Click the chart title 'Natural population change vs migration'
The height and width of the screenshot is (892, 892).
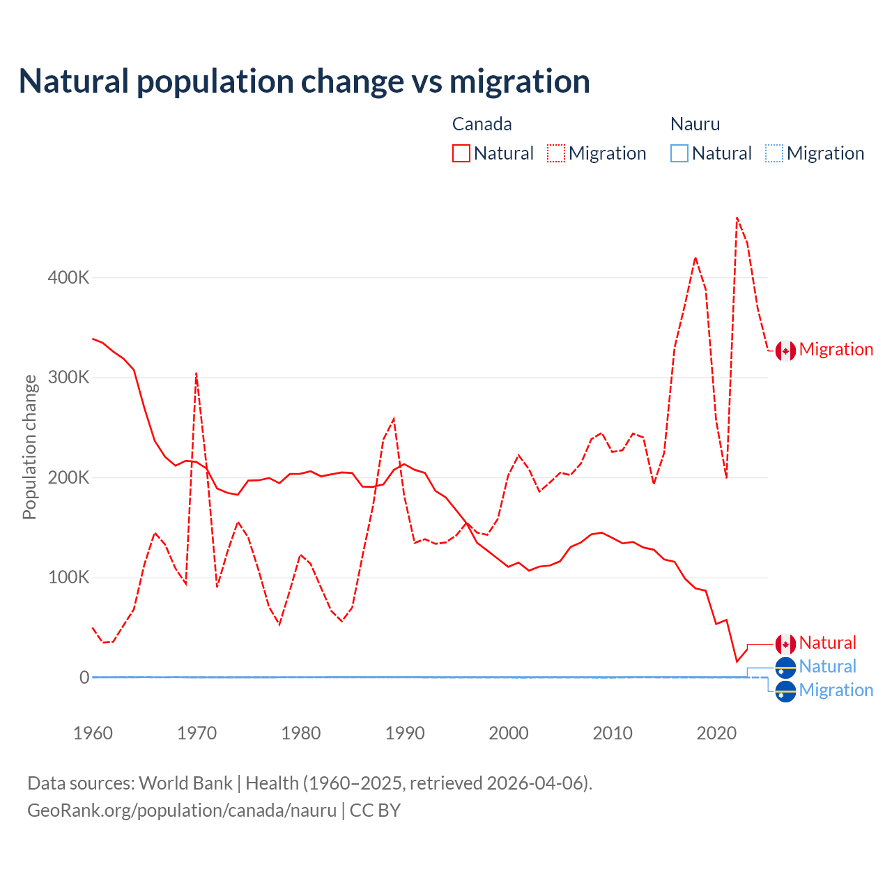coord(304,82)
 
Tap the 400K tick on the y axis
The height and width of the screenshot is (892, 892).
coord(68,277)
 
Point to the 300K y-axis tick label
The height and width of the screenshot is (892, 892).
coord(68,378)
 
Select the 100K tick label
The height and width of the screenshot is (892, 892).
coord(68,578)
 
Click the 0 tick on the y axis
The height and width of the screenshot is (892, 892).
coord(84,677)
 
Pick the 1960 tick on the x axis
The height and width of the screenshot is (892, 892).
coord(93,733)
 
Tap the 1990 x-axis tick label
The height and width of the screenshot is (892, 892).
coord(405,733)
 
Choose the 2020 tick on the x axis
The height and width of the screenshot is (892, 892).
coord(716,733)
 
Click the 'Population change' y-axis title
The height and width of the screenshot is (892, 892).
coord(29,447)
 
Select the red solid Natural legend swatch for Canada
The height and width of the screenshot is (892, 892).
coord(461,153)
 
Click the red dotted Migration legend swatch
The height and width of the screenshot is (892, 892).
coord(556,153)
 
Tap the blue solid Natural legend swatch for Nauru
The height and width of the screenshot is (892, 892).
coord(679,153)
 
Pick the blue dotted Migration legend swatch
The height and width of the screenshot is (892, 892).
coord(774,153)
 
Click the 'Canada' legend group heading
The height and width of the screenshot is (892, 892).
coord(482,124)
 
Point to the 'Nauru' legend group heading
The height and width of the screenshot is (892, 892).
coord(695,124)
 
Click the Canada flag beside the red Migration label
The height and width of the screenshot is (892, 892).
coord(785,351)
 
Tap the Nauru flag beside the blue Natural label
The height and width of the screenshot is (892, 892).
coord(785,668)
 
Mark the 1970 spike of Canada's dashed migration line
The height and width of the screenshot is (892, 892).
coord(197,374)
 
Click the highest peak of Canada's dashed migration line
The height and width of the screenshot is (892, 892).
coord(737,218)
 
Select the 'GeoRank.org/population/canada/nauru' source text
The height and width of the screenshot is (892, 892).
coord(182,810)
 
